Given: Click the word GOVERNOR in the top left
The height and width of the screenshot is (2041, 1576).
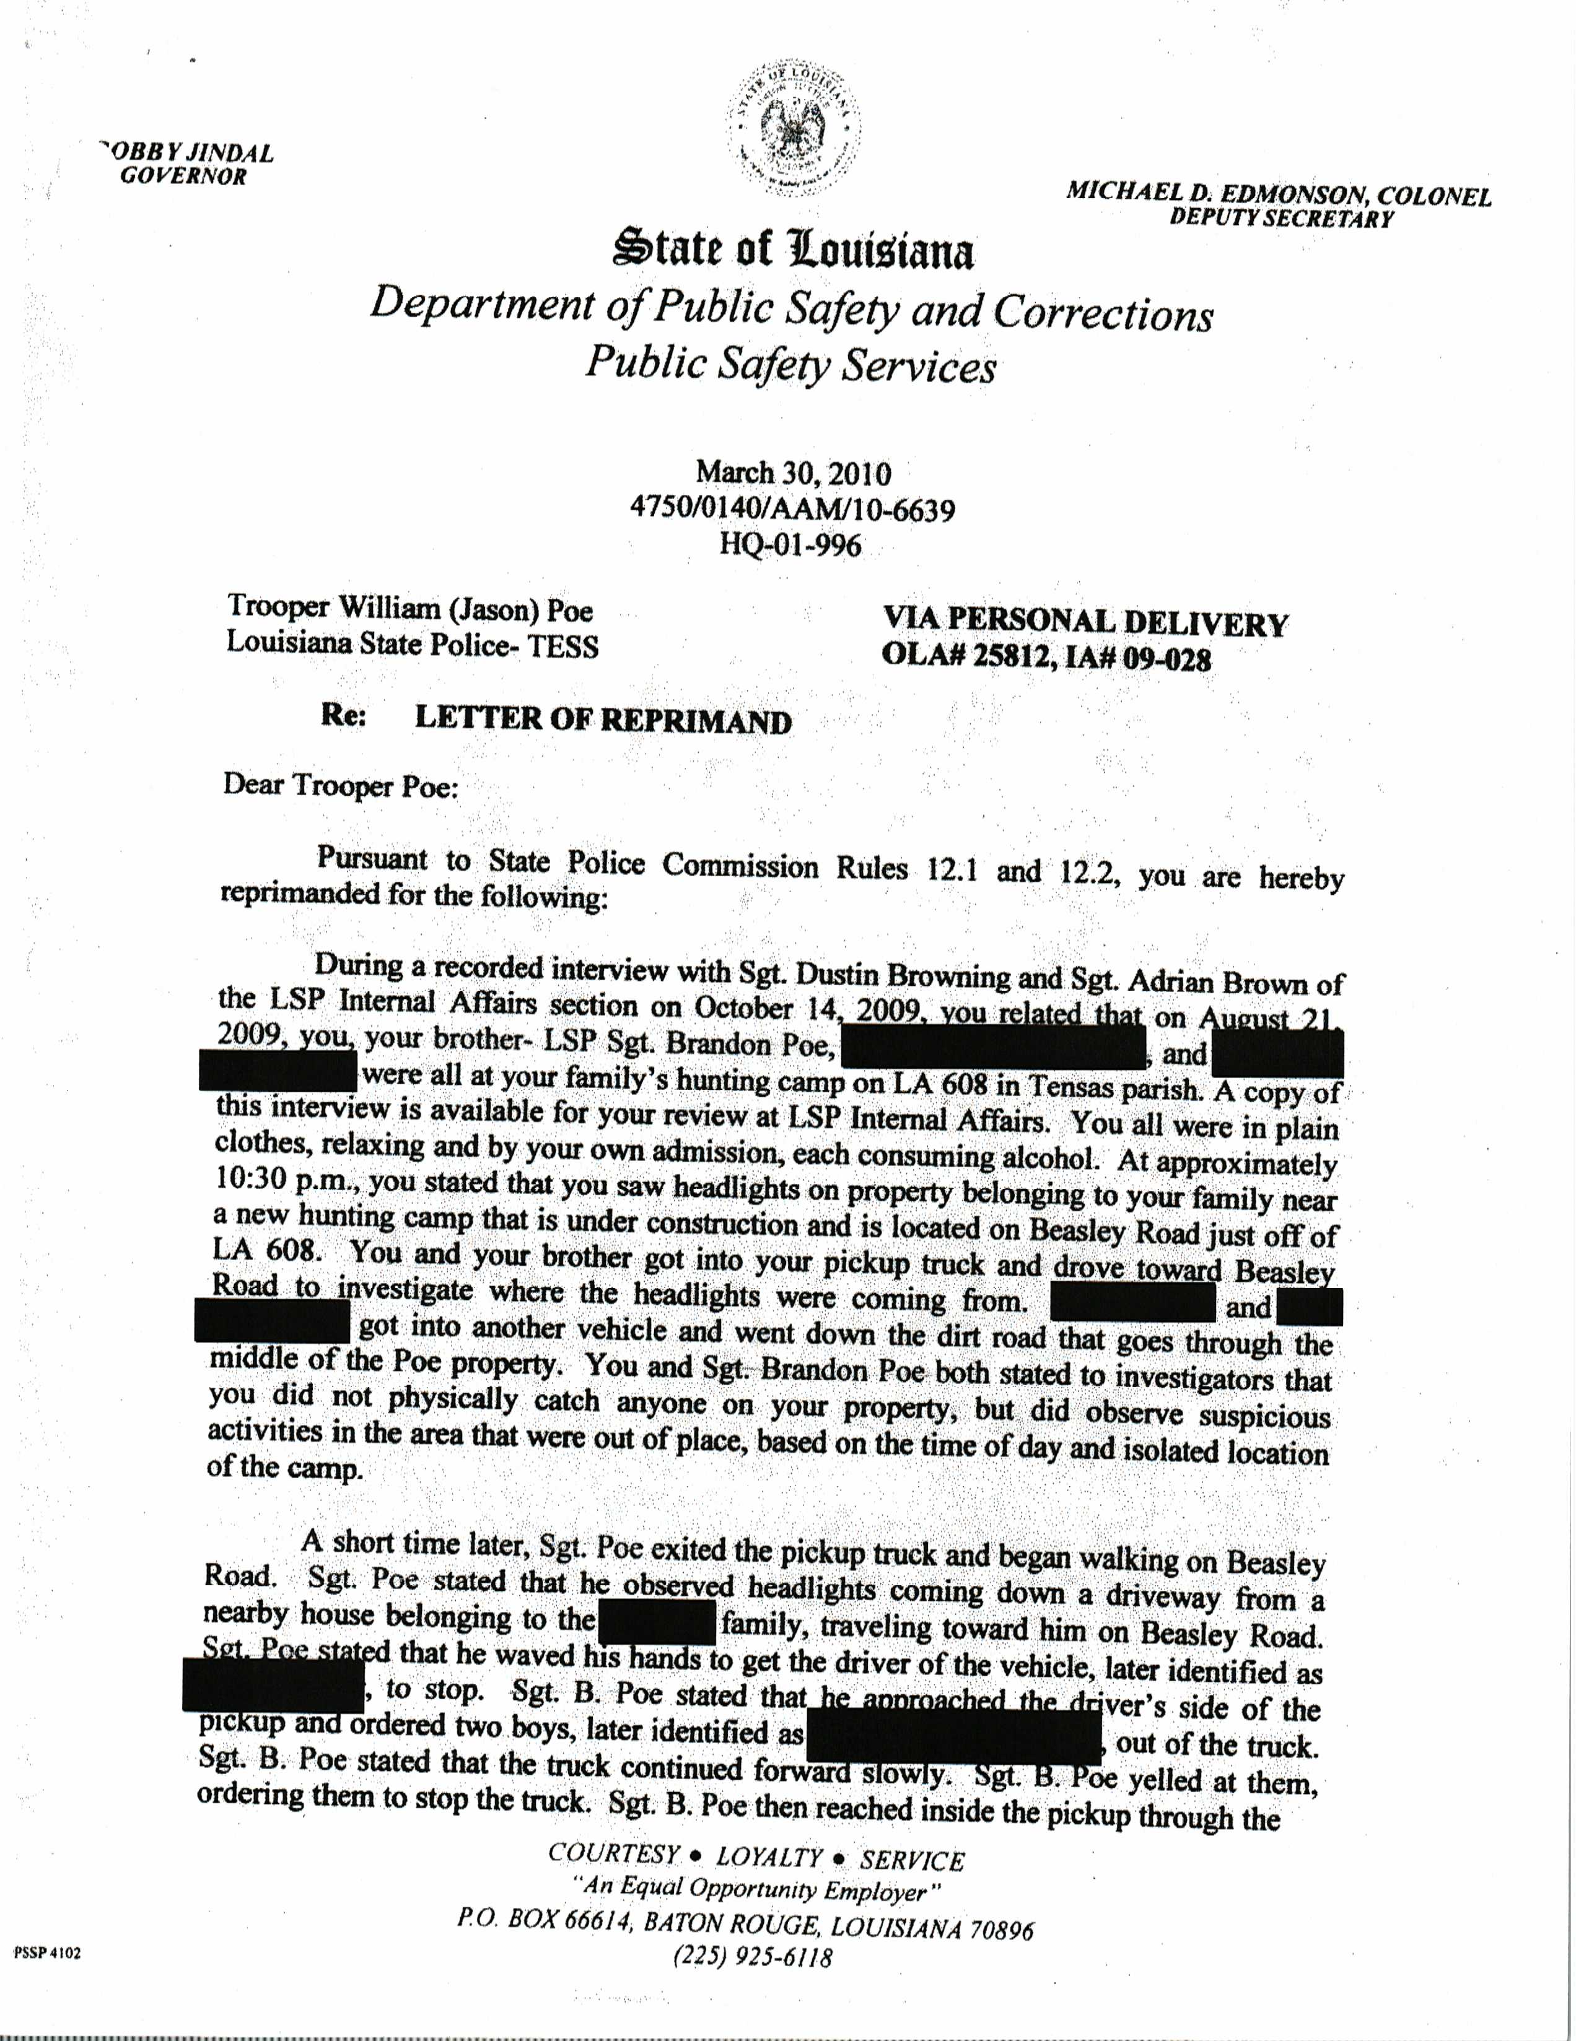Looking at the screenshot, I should (x=183, y=176).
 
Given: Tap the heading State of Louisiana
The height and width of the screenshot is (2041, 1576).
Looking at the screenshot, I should (x=793, y=250).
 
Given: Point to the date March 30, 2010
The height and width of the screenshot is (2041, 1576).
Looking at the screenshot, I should (x=793, y=473).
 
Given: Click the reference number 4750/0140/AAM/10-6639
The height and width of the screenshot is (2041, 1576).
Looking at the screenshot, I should (x=793, y=509).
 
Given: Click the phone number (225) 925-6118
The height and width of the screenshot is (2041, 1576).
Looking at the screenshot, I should (x=753, y=1956).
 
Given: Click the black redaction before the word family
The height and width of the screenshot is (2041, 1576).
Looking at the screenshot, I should (x=657, y=1623).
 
